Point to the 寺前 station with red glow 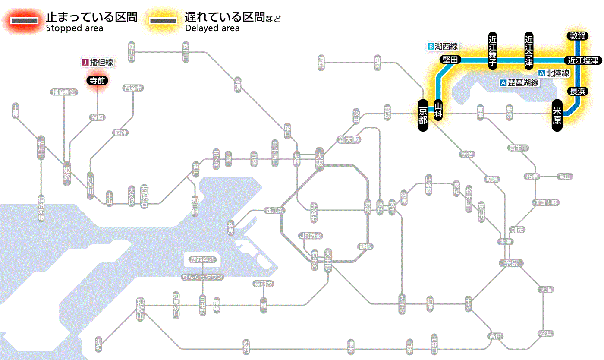[97, 80]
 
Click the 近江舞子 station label [493, 51]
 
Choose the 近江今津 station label [529, 51]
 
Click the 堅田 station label [450, 60]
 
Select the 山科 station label [438, 110]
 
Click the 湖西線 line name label [443, 46]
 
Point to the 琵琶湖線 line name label [519, 83]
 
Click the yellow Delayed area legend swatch [163, 21]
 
